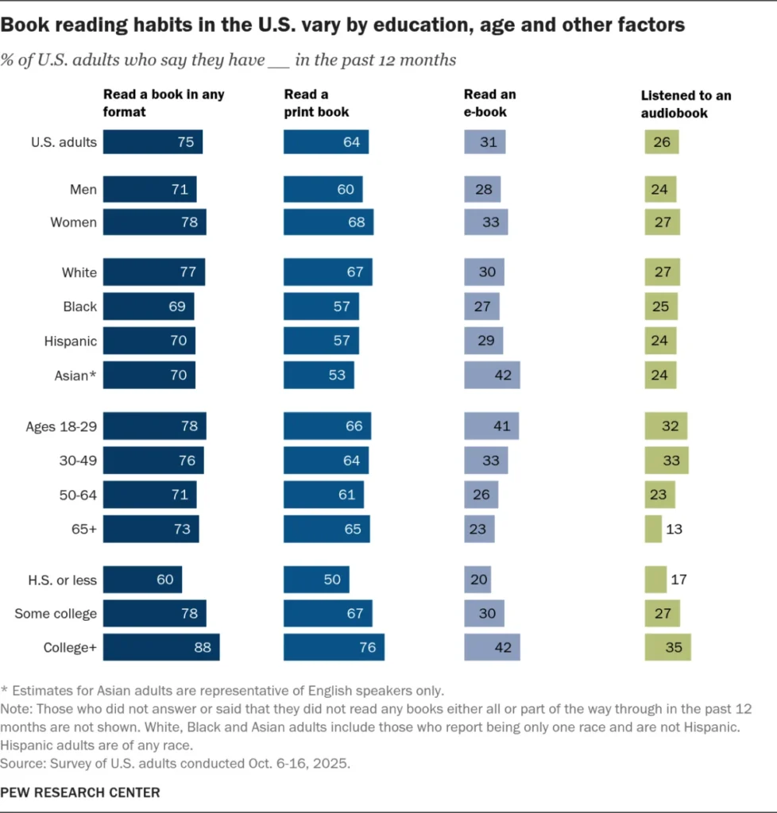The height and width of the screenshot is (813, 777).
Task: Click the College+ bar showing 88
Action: click(161, 647)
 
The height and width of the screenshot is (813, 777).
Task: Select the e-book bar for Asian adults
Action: click(492, 375)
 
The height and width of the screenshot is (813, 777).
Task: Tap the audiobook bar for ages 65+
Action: click(653, 529)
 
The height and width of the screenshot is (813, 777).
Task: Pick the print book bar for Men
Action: click(323, 189)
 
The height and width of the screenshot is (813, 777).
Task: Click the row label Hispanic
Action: click(71, 341)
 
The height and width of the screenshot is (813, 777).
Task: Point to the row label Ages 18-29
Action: click(61, 426)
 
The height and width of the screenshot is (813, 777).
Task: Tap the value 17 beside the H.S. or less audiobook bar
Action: click(678, 580)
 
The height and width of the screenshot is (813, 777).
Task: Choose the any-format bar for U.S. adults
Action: click(153, 142)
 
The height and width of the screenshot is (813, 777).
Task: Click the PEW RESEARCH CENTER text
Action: click(80, 792)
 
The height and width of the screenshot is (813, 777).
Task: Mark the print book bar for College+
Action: click(334, 647)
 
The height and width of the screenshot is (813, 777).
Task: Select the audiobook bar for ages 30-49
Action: click(667, 460)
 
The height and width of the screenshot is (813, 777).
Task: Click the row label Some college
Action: click(56, 613)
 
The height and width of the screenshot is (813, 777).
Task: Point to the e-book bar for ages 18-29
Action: click(491, 426)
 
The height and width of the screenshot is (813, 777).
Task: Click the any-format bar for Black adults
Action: click(149, 306)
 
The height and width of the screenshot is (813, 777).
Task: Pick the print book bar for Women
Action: click(328, 222)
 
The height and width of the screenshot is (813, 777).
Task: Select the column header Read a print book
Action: click(316, 103)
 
